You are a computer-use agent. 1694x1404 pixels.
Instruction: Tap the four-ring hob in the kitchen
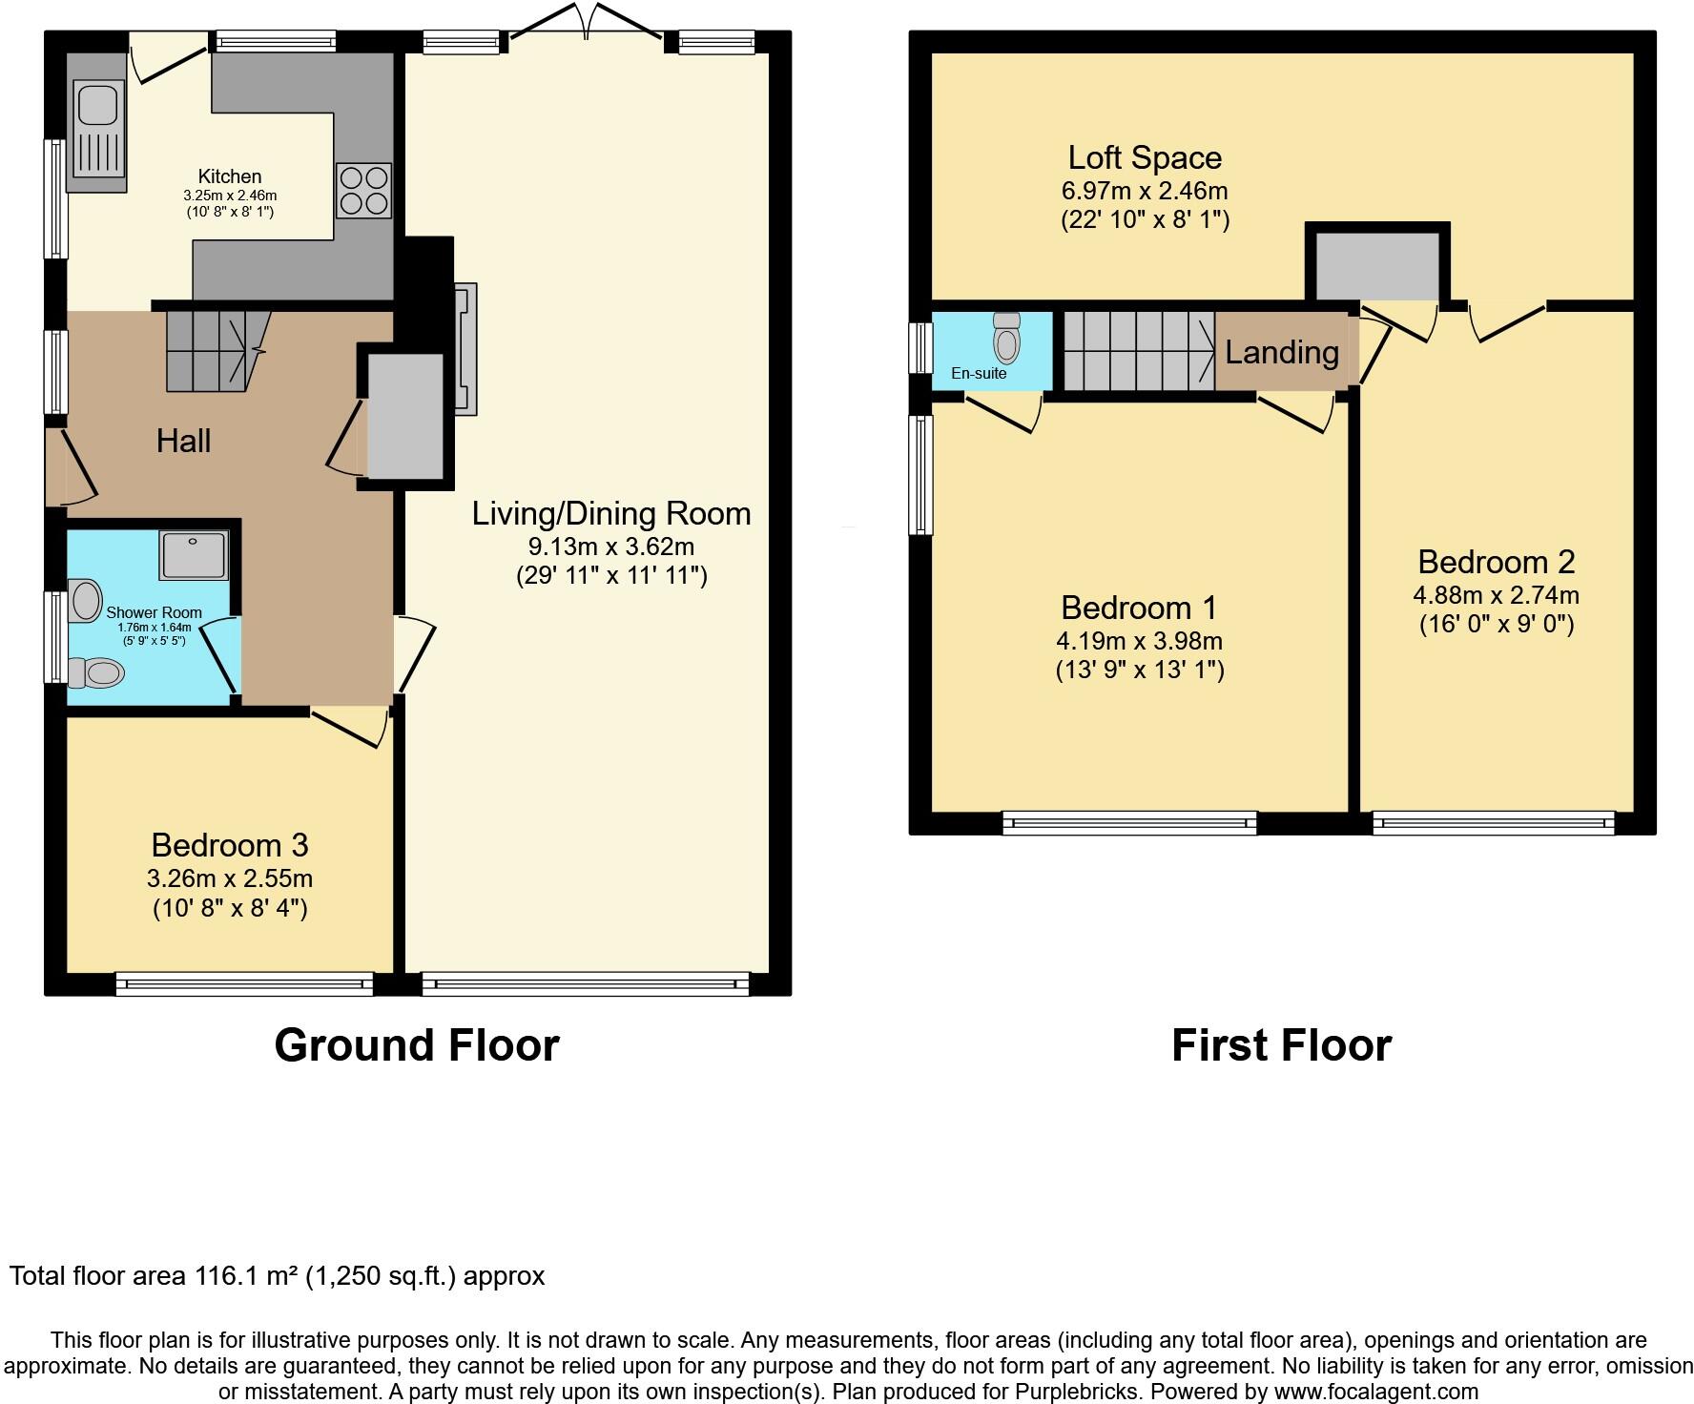363,190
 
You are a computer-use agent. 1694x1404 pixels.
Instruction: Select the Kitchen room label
229,176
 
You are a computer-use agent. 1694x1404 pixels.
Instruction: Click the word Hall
183,441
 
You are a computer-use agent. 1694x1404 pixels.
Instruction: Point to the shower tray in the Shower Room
195,555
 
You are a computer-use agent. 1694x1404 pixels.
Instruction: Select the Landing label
1281,353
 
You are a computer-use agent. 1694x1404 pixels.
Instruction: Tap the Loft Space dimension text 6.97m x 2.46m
1144,190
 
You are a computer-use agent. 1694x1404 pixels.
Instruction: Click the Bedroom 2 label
1495,562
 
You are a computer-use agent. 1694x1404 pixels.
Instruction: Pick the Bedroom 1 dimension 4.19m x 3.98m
1140,641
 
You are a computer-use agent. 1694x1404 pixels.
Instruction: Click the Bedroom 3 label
230,845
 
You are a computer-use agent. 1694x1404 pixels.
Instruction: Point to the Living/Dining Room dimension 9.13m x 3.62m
610,547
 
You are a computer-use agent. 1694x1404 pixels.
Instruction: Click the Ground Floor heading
416,1045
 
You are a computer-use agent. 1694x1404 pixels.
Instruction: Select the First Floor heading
1280,1045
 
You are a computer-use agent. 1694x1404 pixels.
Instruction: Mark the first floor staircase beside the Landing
1138,351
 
